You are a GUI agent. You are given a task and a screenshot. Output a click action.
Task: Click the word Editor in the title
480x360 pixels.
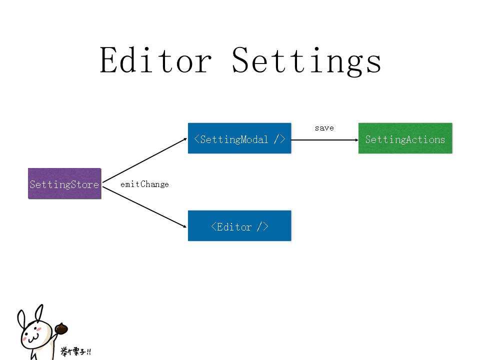tap(155, 61)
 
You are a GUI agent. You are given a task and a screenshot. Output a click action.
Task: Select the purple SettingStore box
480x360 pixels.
tap(64, 183)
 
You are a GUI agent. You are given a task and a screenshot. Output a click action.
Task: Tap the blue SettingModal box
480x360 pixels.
tap(239, 138)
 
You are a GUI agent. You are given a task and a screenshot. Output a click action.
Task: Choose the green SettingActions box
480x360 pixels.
tap(405, 138)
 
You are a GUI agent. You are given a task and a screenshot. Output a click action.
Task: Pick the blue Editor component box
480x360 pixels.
tap(239, 226)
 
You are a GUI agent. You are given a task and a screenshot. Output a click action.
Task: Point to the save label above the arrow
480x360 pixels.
tap(324, 128)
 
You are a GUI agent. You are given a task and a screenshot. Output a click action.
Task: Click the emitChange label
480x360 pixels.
tap(144, 184)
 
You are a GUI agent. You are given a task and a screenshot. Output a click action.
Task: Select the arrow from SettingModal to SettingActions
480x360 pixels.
tap(324, 139)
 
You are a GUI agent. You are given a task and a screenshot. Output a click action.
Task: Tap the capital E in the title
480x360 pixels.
tap(109, 60)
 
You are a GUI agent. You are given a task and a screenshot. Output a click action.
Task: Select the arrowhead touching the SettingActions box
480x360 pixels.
tap(355, 139)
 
